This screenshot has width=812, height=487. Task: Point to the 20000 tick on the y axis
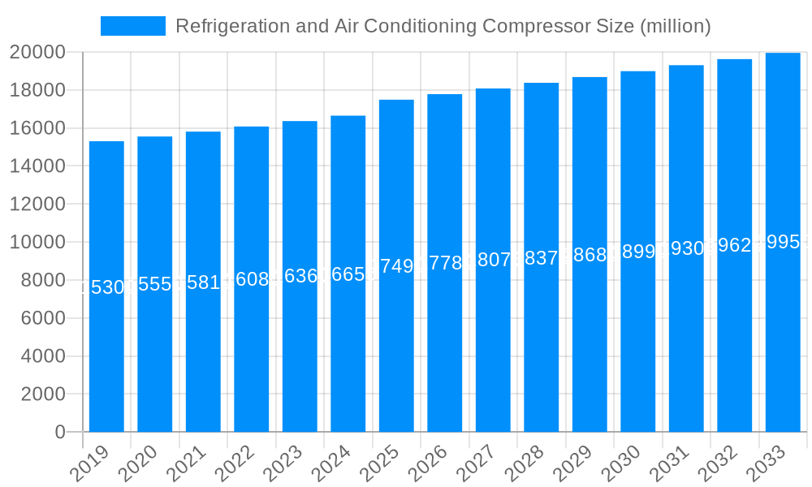(37, 52)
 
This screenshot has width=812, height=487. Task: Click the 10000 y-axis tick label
(37, 242)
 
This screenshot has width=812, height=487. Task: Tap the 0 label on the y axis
(59, 433)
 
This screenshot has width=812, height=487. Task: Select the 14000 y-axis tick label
(37, 166)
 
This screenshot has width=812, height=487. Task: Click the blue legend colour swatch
(133, 26)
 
